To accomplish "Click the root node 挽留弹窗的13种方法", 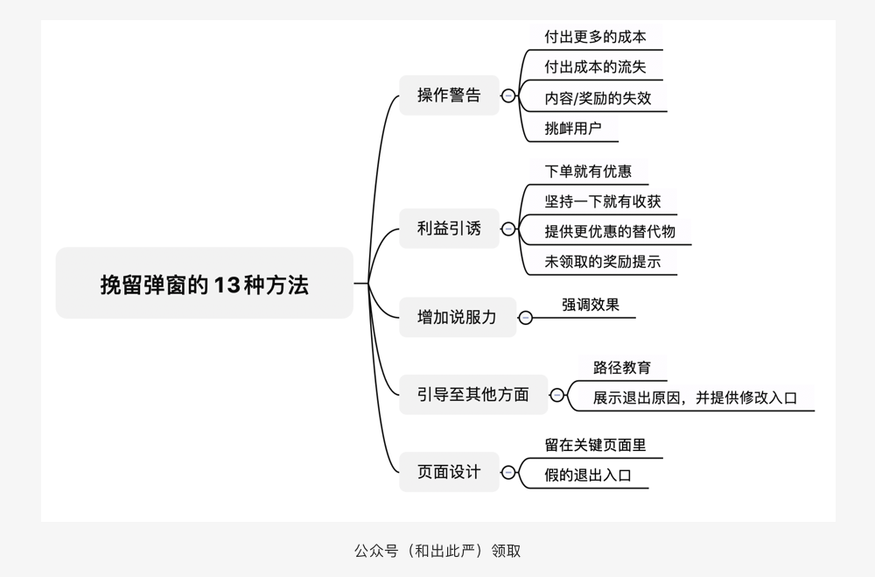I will click(x=204, y=284).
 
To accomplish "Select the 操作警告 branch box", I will click(x=449, y=95).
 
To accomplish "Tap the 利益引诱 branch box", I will click(x=449, y=229).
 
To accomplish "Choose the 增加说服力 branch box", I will click(x=457, y=318).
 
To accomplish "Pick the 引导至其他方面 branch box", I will click(x=472, y=395).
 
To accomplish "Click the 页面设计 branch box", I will click(x=449, y=472).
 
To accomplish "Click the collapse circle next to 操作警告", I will click(x=508, y=95).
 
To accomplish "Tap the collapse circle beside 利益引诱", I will click(x=508, y=229).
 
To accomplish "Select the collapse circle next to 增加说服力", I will click(x=525, y=318).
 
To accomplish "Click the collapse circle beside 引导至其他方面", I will click(x=556, y=395).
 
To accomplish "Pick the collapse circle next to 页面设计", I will click(x=508, y=473).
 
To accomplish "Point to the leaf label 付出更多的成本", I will click(x=595, y=37).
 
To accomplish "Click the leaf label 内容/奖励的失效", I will click(x=598, y=98).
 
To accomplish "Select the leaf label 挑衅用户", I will click(x=573, y=129).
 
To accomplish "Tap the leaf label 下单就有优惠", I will click(x=588, y=171).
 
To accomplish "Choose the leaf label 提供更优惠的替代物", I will click(x=610, y=232).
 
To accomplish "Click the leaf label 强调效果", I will click(x=591, y=305).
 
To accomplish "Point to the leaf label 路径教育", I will click(x=622, y=368).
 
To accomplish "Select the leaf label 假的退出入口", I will click(x=588, y=475).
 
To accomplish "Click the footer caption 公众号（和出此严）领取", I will click(x=437, y=551).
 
